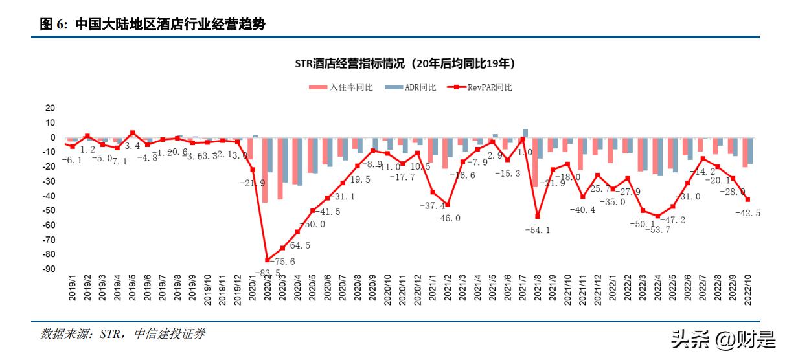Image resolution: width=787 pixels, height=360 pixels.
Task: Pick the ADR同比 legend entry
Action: click(x=409, y=87)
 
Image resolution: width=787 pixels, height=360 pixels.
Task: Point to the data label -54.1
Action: click(x=536, y=230)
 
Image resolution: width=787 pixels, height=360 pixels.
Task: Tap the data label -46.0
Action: click(x=447, y=218)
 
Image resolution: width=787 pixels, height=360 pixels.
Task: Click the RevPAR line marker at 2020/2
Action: click(x=268, y=260)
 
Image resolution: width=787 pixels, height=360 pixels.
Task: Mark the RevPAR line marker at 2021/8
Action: click(x=537, y=216)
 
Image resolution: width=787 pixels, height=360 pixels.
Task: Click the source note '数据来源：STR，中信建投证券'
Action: click(x=122, y=335)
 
